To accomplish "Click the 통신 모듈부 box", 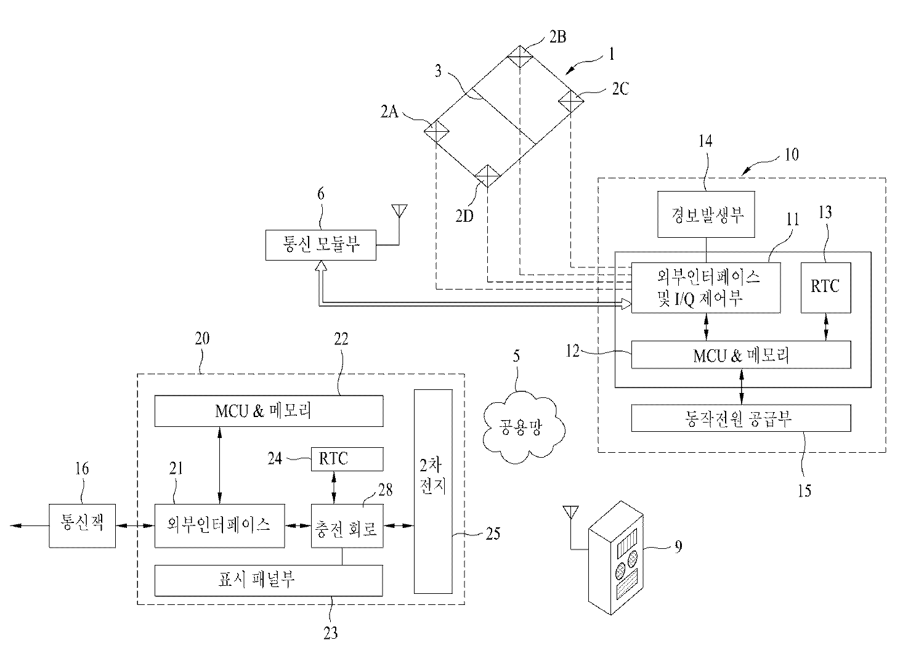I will pyautogui.click(x=320, y=245).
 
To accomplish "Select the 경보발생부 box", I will pyautogui.click(x=706, y=214).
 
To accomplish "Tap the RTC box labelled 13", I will pyautogui.click(x=825, y=287).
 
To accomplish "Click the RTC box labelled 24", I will pyautogui.click(x=347, y=459).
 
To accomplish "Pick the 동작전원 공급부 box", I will pyautogui.click(x=741, y=419).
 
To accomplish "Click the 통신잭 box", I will pyautogui.click(x=82, y=525).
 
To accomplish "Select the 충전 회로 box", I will pyautogui.click(x=347, y=525).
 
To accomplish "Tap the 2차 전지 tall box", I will pyautogui.click(x=433, y=491).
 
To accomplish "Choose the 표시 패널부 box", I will pyautogui.click(x=268, y=580).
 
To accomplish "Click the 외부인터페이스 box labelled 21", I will pyautogui.click(x=219, y=525).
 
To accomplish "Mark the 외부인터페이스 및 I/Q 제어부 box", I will pyautogui.click(x=706, y=288).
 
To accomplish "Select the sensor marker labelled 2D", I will pyautogui.click(x=487, y=176).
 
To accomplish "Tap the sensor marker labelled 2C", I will pyautogui.click(x=570, y=99).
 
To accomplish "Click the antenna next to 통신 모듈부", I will pyautogui.click(x=399, y=213).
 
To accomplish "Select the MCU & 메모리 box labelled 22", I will pyautogui.click(x=268, y=411).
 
